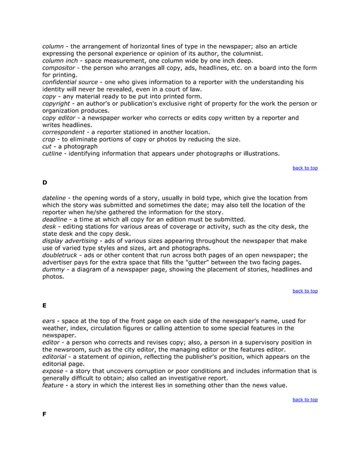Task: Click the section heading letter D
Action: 45,182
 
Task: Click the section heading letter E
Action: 45,305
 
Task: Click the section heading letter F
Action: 45,414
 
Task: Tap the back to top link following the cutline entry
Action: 305,168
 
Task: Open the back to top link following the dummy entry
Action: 305,291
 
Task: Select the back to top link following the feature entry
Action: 305,400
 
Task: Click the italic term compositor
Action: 60,68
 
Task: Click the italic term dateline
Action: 55,198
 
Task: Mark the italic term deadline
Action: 55,219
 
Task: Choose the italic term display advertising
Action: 71,241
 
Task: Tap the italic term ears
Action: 50,321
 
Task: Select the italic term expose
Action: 54,371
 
